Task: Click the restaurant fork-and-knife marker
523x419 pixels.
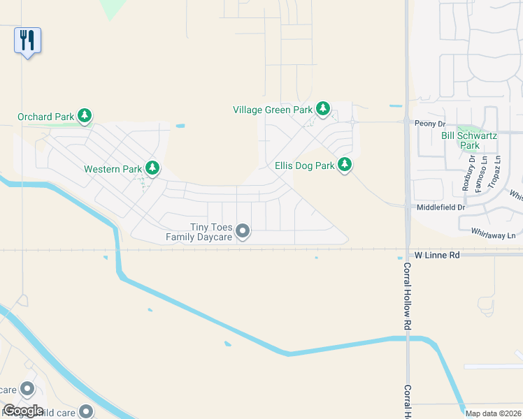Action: tap(27, 40)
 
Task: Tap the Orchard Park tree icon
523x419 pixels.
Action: tap(85, 116)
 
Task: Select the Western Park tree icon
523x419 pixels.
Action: tap(152, 168)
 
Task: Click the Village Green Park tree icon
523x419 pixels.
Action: tap(322, 109)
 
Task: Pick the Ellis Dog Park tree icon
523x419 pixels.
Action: tap(344, 166)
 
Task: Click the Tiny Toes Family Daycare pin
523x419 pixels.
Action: tap(243, 230)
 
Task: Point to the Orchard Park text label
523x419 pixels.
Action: tap(45, 117)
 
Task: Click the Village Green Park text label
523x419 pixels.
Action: tap(273, 110)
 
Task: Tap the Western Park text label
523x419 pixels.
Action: tap(113, 169)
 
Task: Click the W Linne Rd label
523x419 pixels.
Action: tap(437, 256)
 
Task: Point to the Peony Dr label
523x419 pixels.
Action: tap(429, 124)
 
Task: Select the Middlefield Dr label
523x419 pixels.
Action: tap(440, 207)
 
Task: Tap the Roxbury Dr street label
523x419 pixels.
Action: tap(468, 174)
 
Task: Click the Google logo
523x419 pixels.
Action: tap(23, 411)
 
